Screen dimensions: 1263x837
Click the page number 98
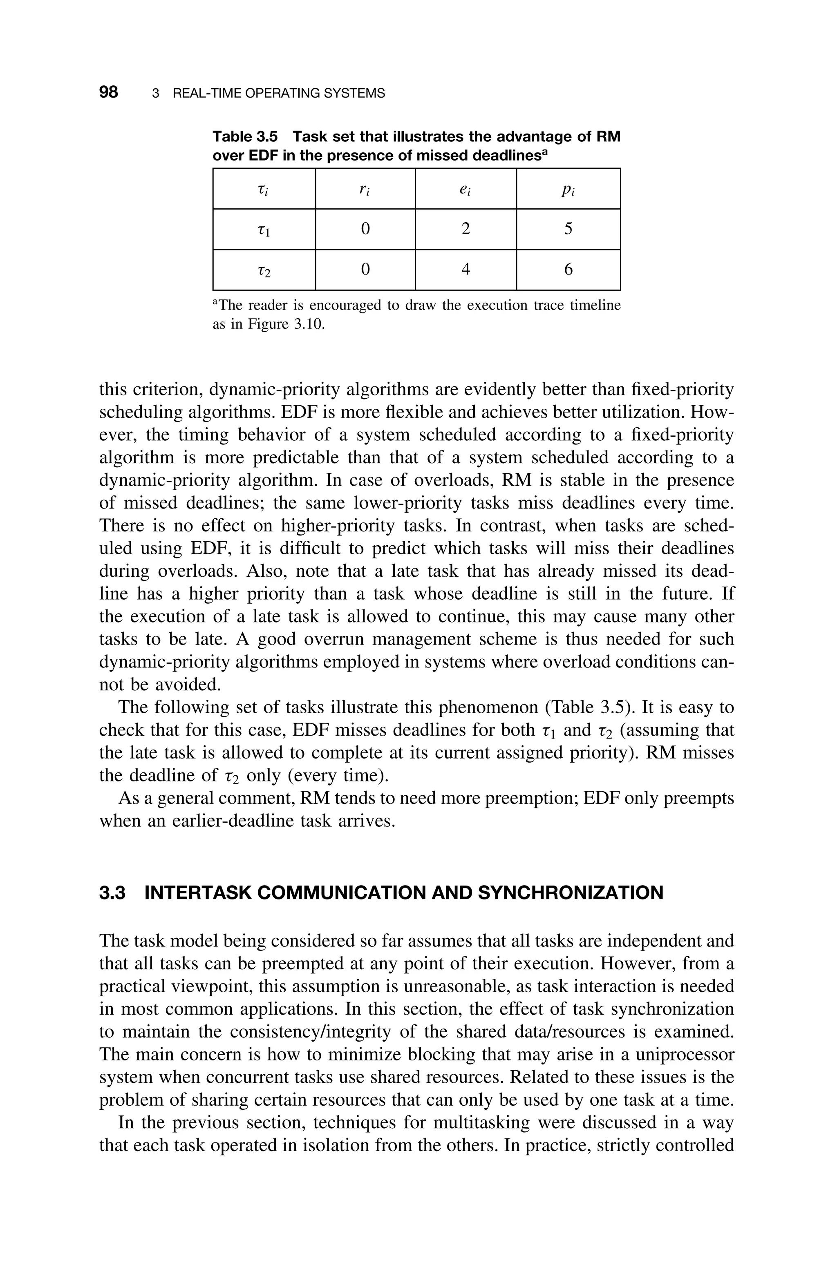(108, 92)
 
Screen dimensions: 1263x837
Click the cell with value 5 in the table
(568, 229)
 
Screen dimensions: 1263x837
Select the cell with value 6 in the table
(568, 269)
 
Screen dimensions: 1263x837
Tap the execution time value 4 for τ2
(465, 269)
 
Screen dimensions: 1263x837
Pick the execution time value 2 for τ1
(465, 229)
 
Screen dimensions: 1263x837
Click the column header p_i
(568, 190)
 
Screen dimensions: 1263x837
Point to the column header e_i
(465, 190)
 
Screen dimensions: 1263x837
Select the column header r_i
(365, 190)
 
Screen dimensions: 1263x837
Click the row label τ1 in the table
(264, 230)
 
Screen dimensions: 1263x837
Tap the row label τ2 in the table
(264, 270)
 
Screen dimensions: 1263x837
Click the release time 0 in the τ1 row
(365, 229)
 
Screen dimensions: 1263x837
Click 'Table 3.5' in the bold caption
(245, 137)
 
